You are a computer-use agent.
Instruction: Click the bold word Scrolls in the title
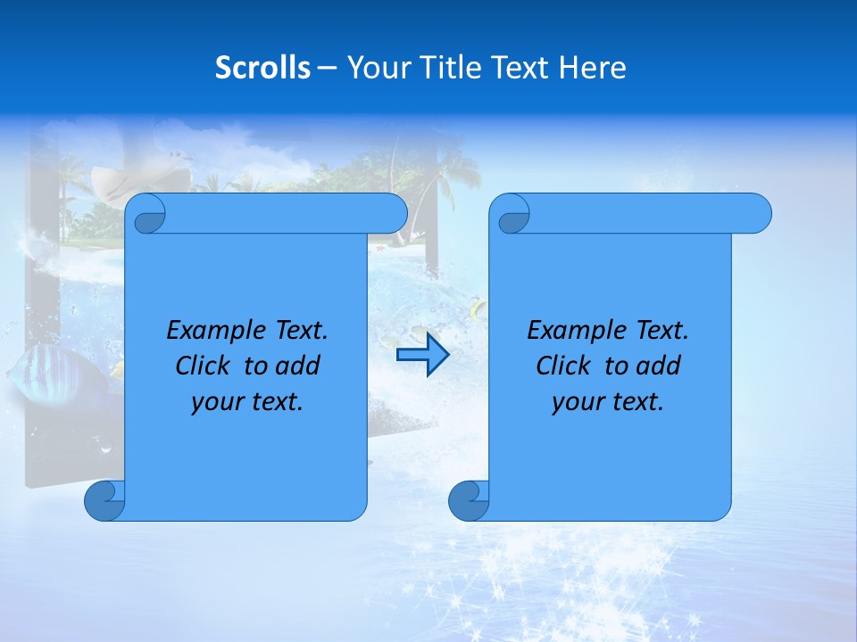263,68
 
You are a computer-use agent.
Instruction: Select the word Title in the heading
443,68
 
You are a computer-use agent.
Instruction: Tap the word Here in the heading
593,68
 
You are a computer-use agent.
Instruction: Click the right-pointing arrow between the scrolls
422,356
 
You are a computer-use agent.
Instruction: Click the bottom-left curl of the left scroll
104,501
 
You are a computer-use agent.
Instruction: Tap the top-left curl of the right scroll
512,215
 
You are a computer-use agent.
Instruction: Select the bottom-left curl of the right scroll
469,501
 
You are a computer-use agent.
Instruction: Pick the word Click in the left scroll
204,366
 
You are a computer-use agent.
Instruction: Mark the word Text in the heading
519,68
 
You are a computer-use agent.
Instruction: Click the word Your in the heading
376,68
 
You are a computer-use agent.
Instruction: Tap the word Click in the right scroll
563,366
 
